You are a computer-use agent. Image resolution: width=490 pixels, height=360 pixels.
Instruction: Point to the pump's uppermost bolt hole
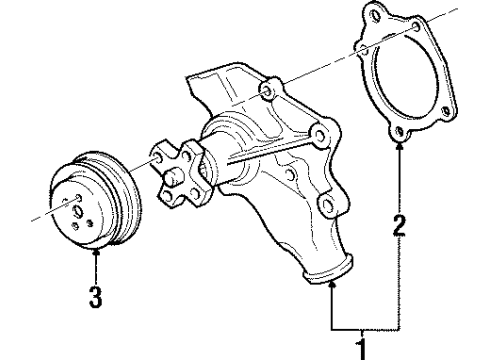click(265, 92)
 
